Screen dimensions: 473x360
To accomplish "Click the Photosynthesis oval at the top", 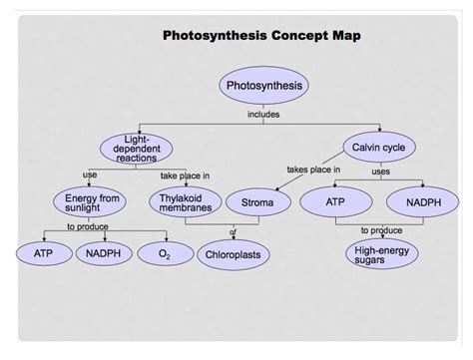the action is click(x=263, y=85).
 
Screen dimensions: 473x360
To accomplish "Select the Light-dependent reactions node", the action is click(x=136, y=149).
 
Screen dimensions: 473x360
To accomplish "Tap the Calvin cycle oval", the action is click(x=379, y=147).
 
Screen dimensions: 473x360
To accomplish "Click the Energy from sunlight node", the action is click(x=90, y=202).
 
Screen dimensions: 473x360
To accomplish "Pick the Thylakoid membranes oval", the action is click(x=186, y=202).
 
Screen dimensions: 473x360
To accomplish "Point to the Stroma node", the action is click(x=258, y=202).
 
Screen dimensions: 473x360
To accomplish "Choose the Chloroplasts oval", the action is click(x=234, y=254).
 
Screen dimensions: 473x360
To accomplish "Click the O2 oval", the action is click(x=166, y=253).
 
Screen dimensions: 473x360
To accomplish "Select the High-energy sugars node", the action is click(x=382, y=254).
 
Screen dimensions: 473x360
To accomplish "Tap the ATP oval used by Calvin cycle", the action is click(x=336, y=201).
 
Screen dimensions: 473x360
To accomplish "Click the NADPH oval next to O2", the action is click(x=104, y=253).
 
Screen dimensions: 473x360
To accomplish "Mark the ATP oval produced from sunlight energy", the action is click(x=44, y=253).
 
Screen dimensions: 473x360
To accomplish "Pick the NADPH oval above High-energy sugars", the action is click(x=423, y=201).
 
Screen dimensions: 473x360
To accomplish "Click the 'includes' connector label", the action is click(x=263, y=115).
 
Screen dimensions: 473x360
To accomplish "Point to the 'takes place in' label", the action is click(x=313, y=170).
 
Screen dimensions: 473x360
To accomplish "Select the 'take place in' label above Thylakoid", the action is click(x=185, y=176).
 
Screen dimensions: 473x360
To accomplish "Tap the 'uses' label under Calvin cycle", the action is click(x=381, y=172).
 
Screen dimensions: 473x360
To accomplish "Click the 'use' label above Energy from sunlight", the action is click(x=90, y=175).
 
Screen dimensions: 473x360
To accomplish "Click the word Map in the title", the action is click(x=347, y=36).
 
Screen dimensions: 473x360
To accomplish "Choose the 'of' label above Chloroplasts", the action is click(x=234, y=232).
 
